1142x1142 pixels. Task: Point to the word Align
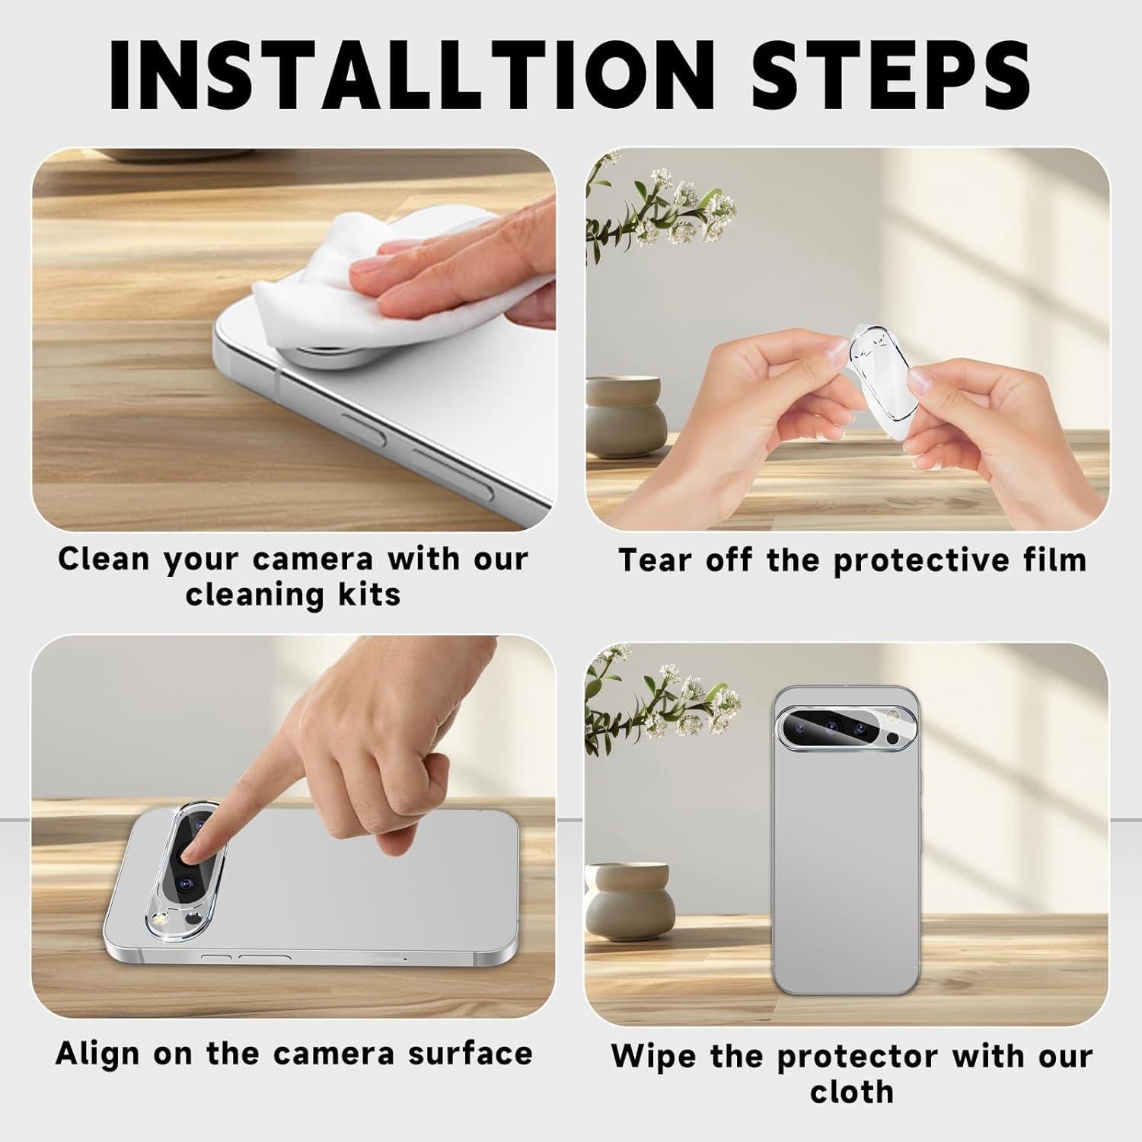[x=97, y=1054]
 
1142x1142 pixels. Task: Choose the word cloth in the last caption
[x=851, y=1092]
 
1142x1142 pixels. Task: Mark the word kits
[x=370, y=594]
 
